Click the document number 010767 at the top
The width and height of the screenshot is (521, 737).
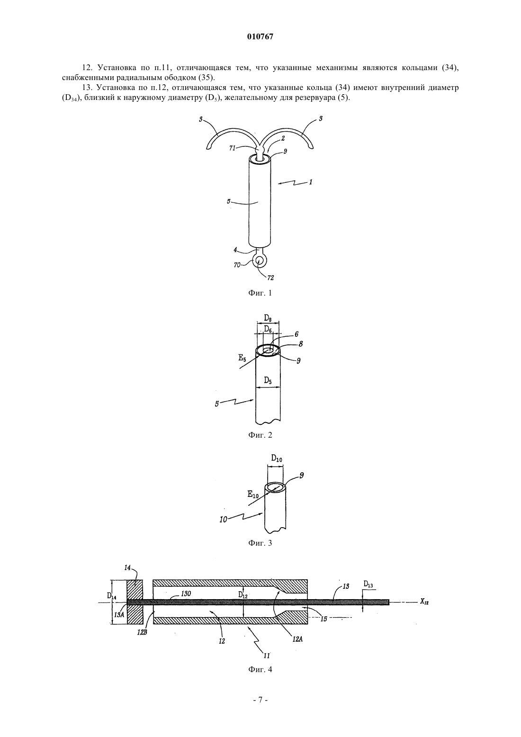(x=260, y=37)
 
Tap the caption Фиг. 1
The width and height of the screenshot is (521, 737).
(x=260, y=293)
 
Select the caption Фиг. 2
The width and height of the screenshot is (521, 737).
(x=260, y=435)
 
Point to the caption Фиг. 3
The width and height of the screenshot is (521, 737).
(x=260, y=543)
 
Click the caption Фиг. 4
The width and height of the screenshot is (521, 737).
(x=260, y=669)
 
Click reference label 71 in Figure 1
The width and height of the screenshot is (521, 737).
(x=233, y=148)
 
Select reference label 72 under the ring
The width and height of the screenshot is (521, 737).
(x=270, y=278)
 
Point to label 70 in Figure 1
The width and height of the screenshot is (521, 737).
(x=237, y=264)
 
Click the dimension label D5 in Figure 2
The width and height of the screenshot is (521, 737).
(x=268, y=381)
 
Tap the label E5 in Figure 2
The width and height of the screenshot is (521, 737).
(x=243, y=358)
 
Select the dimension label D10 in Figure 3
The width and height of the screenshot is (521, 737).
(x=276, y=458)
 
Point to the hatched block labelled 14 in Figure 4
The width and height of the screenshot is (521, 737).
(x=135, y=602)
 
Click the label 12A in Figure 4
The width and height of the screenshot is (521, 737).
(x=297, y=639)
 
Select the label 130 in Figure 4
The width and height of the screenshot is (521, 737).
(x=186, y=593)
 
